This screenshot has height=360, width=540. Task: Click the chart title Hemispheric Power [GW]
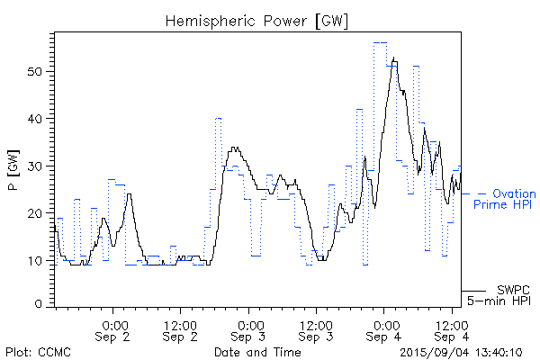[257, 19]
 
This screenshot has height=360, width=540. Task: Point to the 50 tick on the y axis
[40, 71]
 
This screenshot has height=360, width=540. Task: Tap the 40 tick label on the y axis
[40, 119]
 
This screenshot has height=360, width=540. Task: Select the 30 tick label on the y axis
[40, 166]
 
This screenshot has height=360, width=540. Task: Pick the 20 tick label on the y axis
[40, 213]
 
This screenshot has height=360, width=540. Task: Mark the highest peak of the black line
[394, 58]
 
